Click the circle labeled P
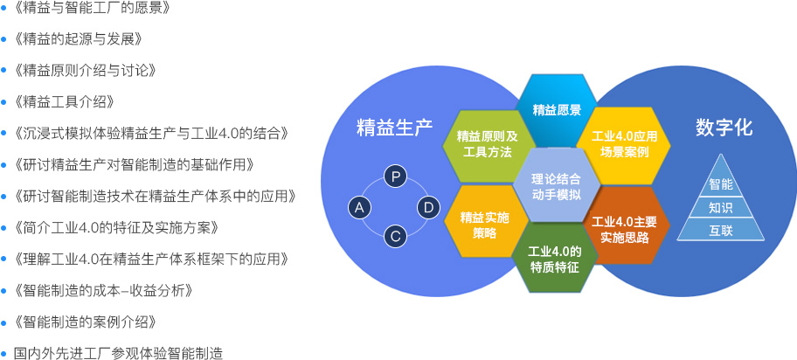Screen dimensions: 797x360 point(396,177)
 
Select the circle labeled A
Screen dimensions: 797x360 point(360,208)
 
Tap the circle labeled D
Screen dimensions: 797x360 point(428,208)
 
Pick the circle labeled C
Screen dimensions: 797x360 point(396,237)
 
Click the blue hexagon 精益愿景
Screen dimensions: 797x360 point(556,110)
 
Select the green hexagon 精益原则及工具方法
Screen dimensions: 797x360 point(487,145)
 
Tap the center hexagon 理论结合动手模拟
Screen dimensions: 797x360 point(556,185)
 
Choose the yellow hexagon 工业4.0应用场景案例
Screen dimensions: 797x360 point(624,145)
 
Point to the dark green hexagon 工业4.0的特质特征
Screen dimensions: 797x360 point(554,259)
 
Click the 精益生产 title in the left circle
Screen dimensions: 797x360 point(394,127)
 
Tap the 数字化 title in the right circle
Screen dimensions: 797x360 point(724,127)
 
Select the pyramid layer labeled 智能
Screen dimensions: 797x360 point(721,184)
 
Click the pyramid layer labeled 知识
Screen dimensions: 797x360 point(721,207)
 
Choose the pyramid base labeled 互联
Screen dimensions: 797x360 point(721,230)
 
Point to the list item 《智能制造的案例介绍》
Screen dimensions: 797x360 point(86,322)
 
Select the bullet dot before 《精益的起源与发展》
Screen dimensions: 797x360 point(4,39)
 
